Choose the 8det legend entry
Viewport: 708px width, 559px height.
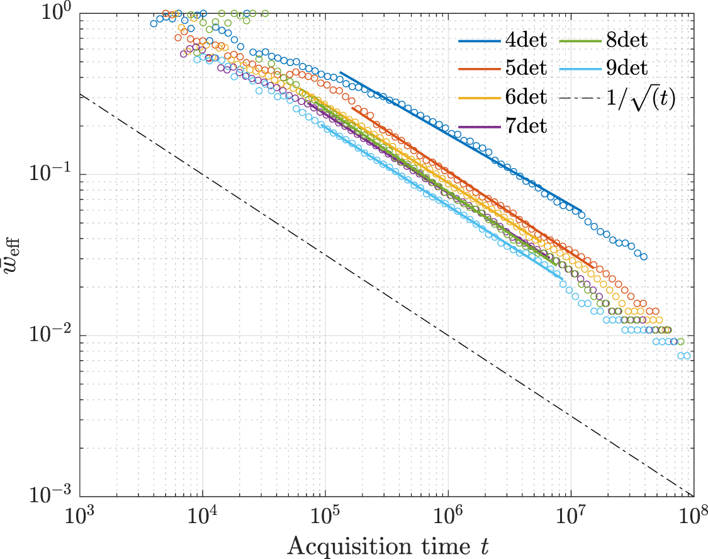(627, 42)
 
